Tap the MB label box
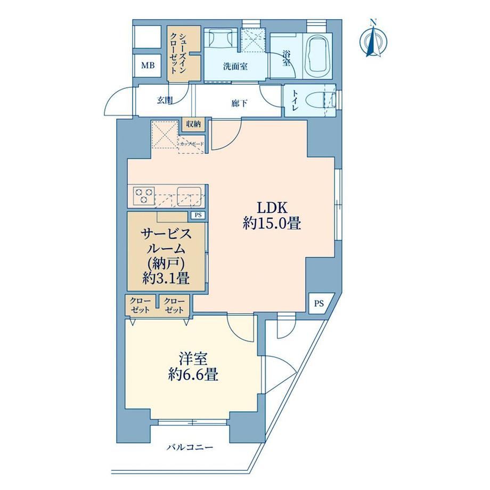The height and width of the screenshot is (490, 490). (x=148, y=66)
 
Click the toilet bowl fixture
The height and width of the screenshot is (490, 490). (x=318, y=102)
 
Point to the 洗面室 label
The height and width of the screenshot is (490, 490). (x=235, y=67)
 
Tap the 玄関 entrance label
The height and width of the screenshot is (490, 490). (x=165, y=101)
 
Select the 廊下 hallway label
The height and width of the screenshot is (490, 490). (x=240, y=103)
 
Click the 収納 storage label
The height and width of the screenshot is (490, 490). (x=193, y=124)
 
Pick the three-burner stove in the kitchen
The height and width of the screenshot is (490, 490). (x=144, y=195)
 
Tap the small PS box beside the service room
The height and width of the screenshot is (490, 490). (x=198, y=215)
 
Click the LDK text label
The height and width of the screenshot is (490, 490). (x=272, y=208)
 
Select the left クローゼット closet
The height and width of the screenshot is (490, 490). (x=140, y=305)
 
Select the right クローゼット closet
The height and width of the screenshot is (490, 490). (x=175, y=305)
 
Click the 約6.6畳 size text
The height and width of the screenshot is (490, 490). (x=193, y=374)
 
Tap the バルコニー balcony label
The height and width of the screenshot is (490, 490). (x=190, y=447)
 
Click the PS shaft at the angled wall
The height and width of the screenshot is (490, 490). (x=320, y=304)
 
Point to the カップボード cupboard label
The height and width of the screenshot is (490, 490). (x=192, y=144)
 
